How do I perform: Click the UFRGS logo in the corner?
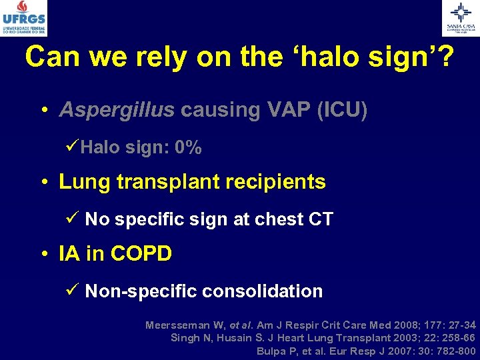24,18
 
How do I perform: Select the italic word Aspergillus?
116,110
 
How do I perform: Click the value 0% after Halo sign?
187,148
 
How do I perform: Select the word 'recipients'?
279,182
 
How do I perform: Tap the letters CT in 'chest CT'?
319,219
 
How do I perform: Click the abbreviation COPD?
141,254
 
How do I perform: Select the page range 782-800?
453,351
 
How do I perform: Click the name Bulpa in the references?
270,351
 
